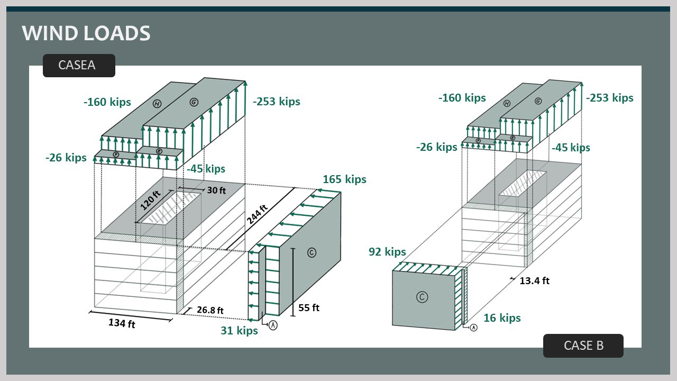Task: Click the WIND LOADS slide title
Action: point(86,33)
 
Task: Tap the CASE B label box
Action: point(583,346)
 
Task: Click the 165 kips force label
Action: point(344,179)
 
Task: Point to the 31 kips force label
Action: point(239,331)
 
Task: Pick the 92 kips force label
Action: point(387,252)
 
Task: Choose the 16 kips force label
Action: point(502,317)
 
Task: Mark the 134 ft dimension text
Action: point(122,323)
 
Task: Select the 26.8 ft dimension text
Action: point(210,310)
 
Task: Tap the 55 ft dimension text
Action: point(308,307)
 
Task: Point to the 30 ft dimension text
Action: point(215,190)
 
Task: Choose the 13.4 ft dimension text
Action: point(534,280)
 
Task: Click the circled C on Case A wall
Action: point(312,253)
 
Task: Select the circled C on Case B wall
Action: point(422,297)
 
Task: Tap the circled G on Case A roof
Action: point(194,102)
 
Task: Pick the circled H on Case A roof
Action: point(157,104)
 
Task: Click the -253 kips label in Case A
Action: point(277,102)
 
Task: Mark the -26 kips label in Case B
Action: point(436,147)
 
